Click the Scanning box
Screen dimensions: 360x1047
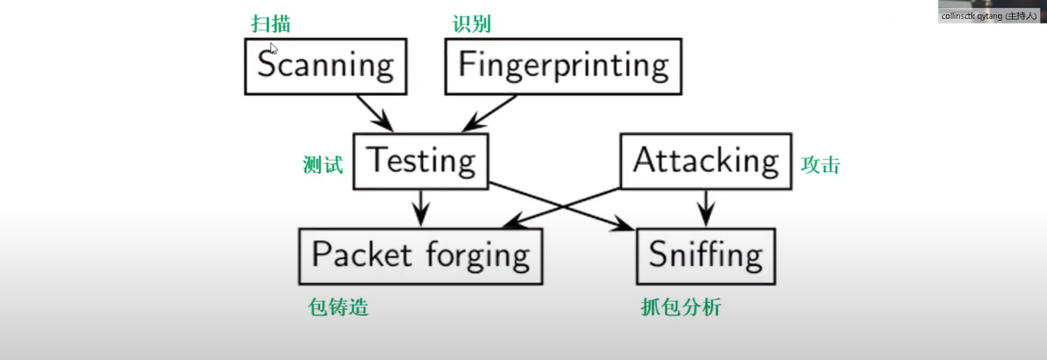[x=325, y=66]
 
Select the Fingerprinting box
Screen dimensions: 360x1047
[x=563, y=66]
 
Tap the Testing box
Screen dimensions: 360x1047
[x=421, y=161]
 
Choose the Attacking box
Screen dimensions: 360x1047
[x=705, y=161]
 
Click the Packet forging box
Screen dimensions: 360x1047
[x=420, y=256]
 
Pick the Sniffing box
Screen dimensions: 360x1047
[x=705, y=256]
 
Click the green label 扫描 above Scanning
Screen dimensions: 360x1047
[x=271, y=24]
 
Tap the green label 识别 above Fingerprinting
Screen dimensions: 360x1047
[x=471, y=24]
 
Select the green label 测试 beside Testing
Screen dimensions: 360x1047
[x=323, y=165]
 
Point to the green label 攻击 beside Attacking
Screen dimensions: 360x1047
[x=820, y=165]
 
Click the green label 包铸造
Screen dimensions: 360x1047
[x=338, y=308]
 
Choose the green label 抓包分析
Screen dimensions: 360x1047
[x=681, y=308]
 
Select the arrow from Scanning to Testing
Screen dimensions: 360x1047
[x=375, y=113]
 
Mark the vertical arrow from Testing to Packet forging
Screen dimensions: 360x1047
[x=420, y=208]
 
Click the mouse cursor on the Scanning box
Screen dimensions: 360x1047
[x=273, y=48]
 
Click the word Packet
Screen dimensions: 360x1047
[x=361, y=255]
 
